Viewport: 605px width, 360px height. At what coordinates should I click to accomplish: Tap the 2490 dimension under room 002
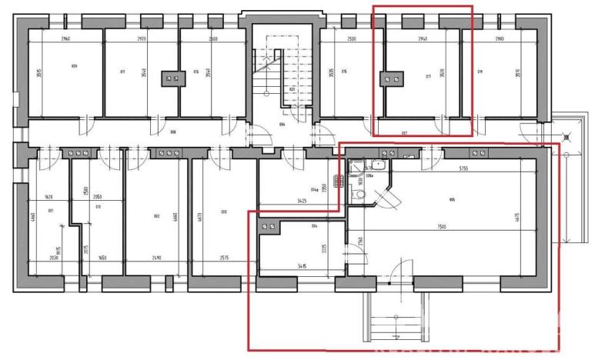tap(157, 258)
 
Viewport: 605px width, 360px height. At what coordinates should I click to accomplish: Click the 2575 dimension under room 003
tap(226, 258)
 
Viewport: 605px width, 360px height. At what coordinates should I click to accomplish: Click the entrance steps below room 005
tap(393, 319)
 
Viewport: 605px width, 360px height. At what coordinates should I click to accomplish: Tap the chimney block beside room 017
tap(393, 77)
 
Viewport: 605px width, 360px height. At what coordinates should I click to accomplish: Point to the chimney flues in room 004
tap(269, 227)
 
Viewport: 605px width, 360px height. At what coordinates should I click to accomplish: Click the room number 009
tap(74, 66)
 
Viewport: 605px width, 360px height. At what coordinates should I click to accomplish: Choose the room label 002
tap(156, 216)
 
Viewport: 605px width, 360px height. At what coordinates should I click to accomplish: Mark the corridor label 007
tap(403, 133)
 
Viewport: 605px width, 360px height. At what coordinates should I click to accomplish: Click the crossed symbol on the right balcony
tap(568, 138)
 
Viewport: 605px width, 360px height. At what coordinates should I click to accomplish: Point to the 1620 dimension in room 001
tap(49, 197)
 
